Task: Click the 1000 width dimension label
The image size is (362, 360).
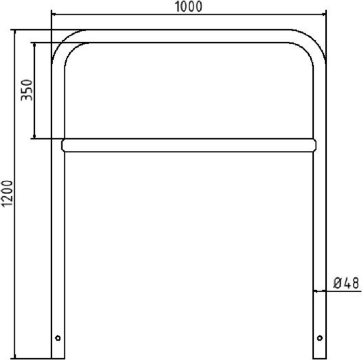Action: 188,7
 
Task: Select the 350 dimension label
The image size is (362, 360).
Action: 26,90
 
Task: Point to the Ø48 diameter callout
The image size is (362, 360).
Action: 346,283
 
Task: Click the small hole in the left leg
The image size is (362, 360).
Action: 58,338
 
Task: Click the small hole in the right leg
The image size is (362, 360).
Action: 320,338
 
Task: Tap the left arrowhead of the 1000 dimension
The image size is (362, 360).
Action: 54,14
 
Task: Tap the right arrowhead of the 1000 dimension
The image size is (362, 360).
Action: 323,14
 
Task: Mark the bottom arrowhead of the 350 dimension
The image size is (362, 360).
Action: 35,136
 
